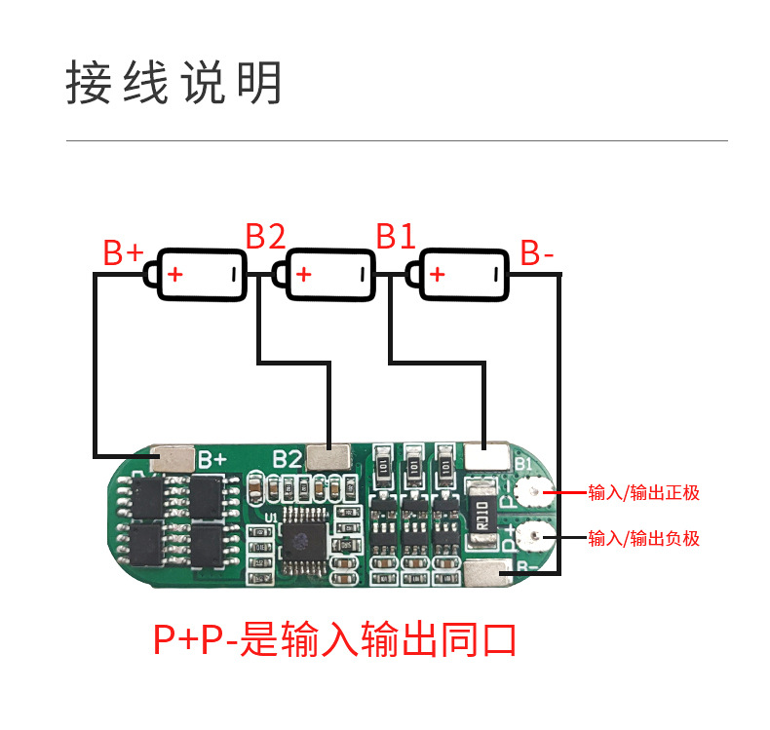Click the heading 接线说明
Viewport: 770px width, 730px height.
pyautogui.click(x=173, y=83)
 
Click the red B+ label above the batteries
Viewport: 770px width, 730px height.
pyautogui.click(x=124, y=252)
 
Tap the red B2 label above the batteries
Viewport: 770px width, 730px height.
pyautogui.click(x=265, y=236)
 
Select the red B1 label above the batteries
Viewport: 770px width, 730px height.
pyautogui.click(x=396, y=236)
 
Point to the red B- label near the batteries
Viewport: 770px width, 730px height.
pyautogui.click(x=537, y=253)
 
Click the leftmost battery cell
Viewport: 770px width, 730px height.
pyautogui.click(x=198, y=274)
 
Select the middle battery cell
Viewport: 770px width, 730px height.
pyautogui.click(x=327, y=274)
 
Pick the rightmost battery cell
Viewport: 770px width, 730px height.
pyautogui.click(x=460, y=274)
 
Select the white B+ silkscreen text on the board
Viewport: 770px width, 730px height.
pyautogui.click(x=212, y=457)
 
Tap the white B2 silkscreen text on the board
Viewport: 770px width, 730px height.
pyautogui.click(x=287, y=457)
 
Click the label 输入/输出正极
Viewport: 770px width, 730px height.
pyautogui.click(x=643, y=492)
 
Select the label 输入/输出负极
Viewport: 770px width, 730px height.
pyautogui.click(x=643, y=537)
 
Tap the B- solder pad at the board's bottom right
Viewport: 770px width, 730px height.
pyautogui.click(x=486, y=576)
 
